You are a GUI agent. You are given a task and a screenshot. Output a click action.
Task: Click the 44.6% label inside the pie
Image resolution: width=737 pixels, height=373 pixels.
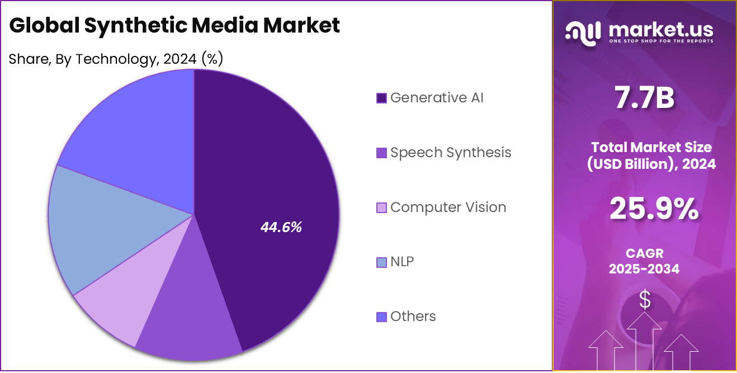tap(281, 227)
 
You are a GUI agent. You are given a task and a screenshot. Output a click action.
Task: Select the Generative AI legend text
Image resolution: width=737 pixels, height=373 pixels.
tap(437, 98)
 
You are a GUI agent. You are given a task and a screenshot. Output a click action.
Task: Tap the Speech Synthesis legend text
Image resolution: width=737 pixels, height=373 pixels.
tap(451, 153)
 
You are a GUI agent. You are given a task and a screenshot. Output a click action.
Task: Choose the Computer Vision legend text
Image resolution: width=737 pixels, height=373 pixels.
tap(448, 207)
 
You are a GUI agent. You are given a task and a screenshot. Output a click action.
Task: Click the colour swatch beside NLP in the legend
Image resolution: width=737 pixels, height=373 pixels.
tap(382, 262)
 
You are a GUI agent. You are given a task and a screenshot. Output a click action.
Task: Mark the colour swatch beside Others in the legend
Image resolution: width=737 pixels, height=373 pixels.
tap(382, 317)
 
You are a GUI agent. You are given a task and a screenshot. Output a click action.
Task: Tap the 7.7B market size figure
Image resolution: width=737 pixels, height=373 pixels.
tap(645, 98)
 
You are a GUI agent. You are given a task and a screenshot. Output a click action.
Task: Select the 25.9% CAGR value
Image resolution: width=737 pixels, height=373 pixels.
tap(654, 209)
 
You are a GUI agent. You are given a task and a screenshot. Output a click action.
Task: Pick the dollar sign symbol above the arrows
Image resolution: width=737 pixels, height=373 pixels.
tap(645, 300)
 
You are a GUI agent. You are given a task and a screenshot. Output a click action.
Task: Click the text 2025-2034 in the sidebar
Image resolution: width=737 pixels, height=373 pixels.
tap(644, 269)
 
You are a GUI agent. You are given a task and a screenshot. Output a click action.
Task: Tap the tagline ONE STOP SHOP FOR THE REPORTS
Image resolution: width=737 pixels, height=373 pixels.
tap(660, 41)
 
